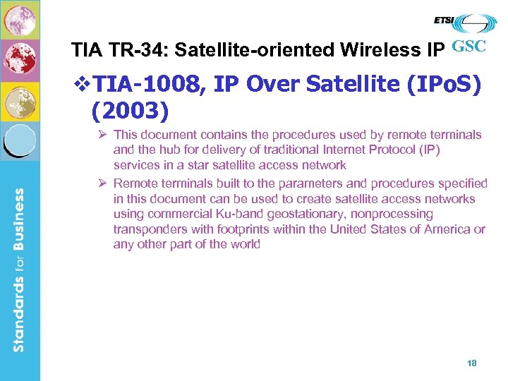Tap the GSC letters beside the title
468,48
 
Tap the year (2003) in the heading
131,111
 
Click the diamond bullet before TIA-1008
83,85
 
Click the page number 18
472,363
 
